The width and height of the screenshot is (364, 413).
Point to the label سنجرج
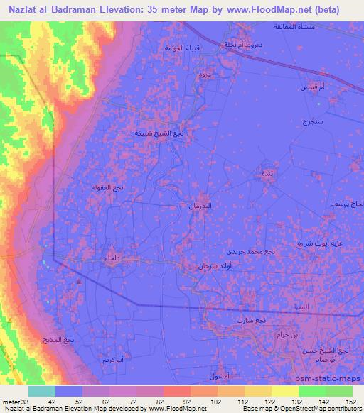[x=312, y=122]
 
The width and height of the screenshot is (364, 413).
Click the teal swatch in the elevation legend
[x=42, y=391]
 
